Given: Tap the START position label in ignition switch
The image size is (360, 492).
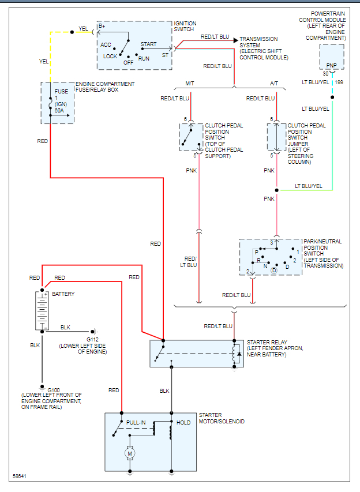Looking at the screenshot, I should tap(148, 44).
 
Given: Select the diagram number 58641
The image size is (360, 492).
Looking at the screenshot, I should tap(20, 477).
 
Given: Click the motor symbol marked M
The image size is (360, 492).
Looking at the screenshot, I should tap(129, 454).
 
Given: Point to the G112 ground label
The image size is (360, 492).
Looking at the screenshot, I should tap(93, 339).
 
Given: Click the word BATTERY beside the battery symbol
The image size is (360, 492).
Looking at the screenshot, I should tap(63, 294).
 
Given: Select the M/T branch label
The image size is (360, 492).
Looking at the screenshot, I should tap(190, 84).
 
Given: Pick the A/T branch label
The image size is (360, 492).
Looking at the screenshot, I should tap(274, 84).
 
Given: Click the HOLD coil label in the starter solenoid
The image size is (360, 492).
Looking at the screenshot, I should tap(183, 423).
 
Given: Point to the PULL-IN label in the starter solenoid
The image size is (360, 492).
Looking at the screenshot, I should tap(136, 423).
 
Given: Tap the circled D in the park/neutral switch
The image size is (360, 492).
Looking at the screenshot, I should tap(274, 270).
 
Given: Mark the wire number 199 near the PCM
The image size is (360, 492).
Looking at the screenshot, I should tap(339, 83).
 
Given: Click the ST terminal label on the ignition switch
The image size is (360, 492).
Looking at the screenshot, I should tap(165, 55).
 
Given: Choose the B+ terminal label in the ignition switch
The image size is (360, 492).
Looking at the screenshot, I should tap(102, 26).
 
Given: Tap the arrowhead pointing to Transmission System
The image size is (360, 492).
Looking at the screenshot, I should tap(235, 40).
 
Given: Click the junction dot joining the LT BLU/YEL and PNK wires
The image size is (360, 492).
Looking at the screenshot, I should tap(276, 190).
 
